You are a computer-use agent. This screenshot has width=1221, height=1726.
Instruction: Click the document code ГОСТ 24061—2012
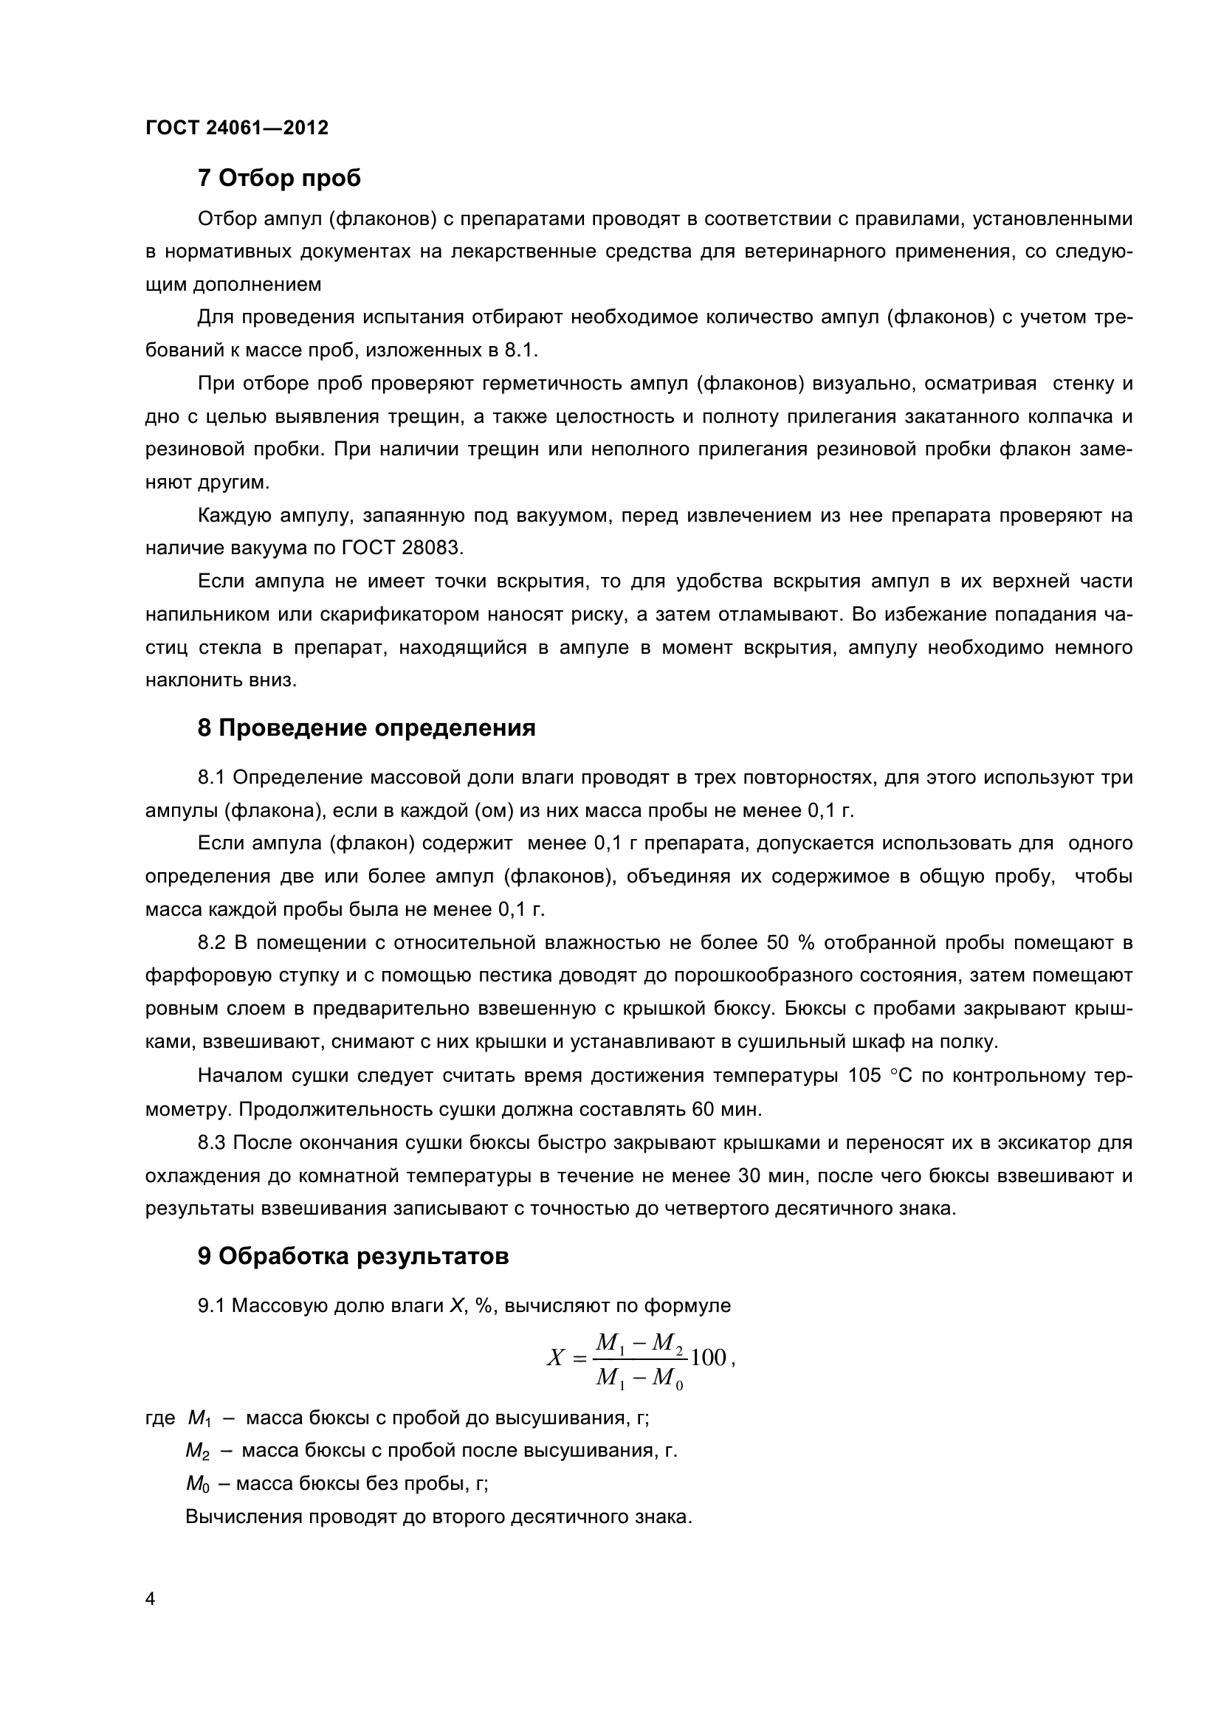point(237,128)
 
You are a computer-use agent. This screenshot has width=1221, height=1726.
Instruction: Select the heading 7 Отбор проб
point(279,178)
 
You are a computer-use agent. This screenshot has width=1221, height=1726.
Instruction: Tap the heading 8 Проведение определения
point(366,728)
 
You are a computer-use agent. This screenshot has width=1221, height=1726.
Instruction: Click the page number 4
point(151,1598)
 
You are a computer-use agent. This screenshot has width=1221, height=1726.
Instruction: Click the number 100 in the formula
point(708,1357)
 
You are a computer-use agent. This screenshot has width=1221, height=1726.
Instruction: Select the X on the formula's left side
point(555,1358)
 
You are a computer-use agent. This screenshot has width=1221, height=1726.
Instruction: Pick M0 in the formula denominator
point(667,1378)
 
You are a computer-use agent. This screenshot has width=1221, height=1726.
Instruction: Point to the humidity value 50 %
point(786,942)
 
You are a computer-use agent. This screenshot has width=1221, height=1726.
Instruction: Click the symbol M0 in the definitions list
point(196,1484)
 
